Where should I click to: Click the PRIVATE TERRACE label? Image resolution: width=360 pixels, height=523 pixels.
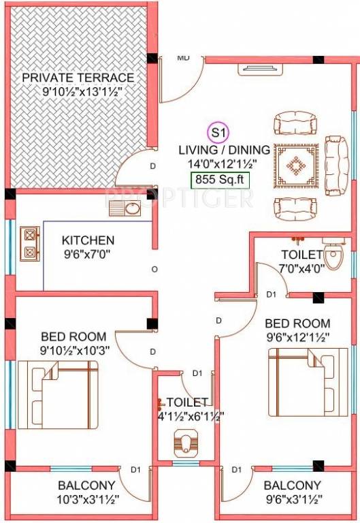(x=78, y=77)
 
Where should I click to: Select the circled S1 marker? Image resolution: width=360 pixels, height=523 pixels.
(x=218, y=131)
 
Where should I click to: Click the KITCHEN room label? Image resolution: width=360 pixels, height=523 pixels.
(x=88, y=240)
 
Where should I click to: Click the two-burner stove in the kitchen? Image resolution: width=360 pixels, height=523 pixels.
(x=30, y=243)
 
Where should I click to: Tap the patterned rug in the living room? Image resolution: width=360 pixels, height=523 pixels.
(x=297, y=165)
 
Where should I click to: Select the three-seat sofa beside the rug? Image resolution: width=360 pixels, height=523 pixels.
(x=335, y=164)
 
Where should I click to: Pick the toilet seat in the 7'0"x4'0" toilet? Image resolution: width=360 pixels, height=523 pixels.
(x=333, y=257)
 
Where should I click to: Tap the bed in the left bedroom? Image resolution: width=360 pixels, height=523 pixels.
(x=57, y=394)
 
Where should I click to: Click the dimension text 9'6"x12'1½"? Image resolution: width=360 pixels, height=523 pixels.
(x=297, y=336)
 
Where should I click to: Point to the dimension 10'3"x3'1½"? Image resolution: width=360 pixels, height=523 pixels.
(x=86, y=499)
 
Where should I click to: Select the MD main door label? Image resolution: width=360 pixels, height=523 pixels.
(x=183, y=58)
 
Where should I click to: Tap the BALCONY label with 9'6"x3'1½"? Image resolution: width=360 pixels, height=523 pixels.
(x=292, y=486)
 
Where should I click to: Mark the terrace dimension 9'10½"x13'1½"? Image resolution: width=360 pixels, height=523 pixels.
(x=78, y=91)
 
